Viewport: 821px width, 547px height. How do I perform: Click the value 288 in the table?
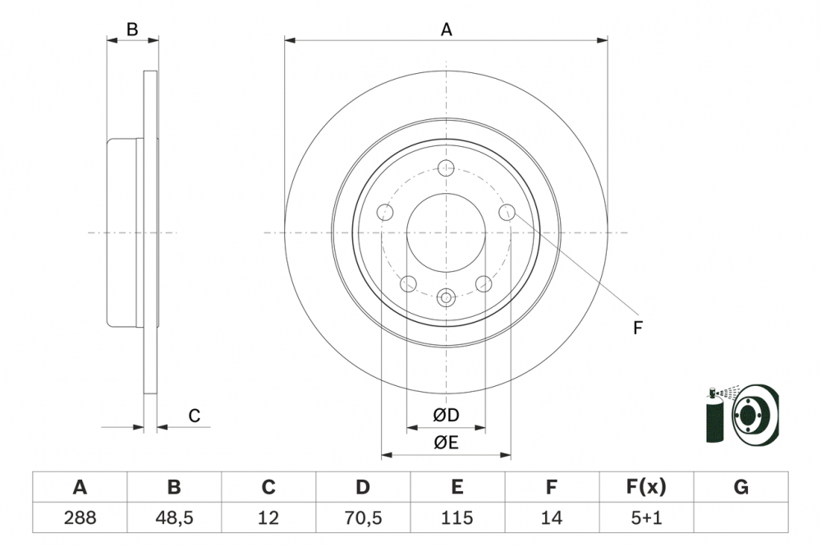pyautogui.click(x=80, y=517)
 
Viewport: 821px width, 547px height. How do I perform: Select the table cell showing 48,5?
pyautogui.click(x=174, y=517)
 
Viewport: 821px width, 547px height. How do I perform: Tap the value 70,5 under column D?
pyautogui.click(x=362, y=517)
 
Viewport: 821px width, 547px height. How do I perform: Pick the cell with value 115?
pyautogui.click(x=456, y=517)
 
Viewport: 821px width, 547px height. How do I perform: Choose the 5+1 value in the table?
pyautogui.click(x=646, y=517)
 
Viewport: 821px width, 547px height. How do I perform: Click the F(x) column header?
pyautogui.click(x=646, y=488)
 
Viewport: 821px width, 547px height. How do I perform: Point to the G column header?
pyautogui.click(x=741, y=488)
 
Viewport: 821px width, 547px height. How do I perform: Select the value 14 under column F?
pyautogui.click(x=552, y=517)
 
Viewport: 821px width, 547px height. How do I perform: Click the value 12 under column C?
pyautogui.click(x=268, y=517)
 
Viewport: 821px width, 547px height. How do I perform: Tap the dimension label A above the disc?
pyautogui.click(x=446, y=30)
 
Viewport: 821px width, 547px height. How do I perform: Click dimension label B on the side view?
pyautogui.click(x=131, y=30)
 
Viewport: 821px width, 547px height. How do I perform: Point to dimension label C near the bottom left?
pyautogui.click(x=195, y=416)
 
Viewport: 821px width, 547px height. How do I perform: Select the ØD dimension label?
pyautogui.click(x=446, y=416)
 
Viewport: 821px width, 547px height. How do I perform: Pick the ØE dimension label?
pyautogui.click(x=446, y=443)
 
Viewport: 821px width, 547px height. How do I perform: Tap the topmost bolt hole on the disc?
pyautogui.click(x=446, y=168)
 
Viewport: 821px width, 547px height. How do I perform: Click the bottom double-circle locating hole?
pyautogui.click(x=446, y=297)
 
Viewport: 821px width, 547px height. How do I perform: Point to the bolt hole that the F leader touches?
pyautogui.click(x=507, y=213)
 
